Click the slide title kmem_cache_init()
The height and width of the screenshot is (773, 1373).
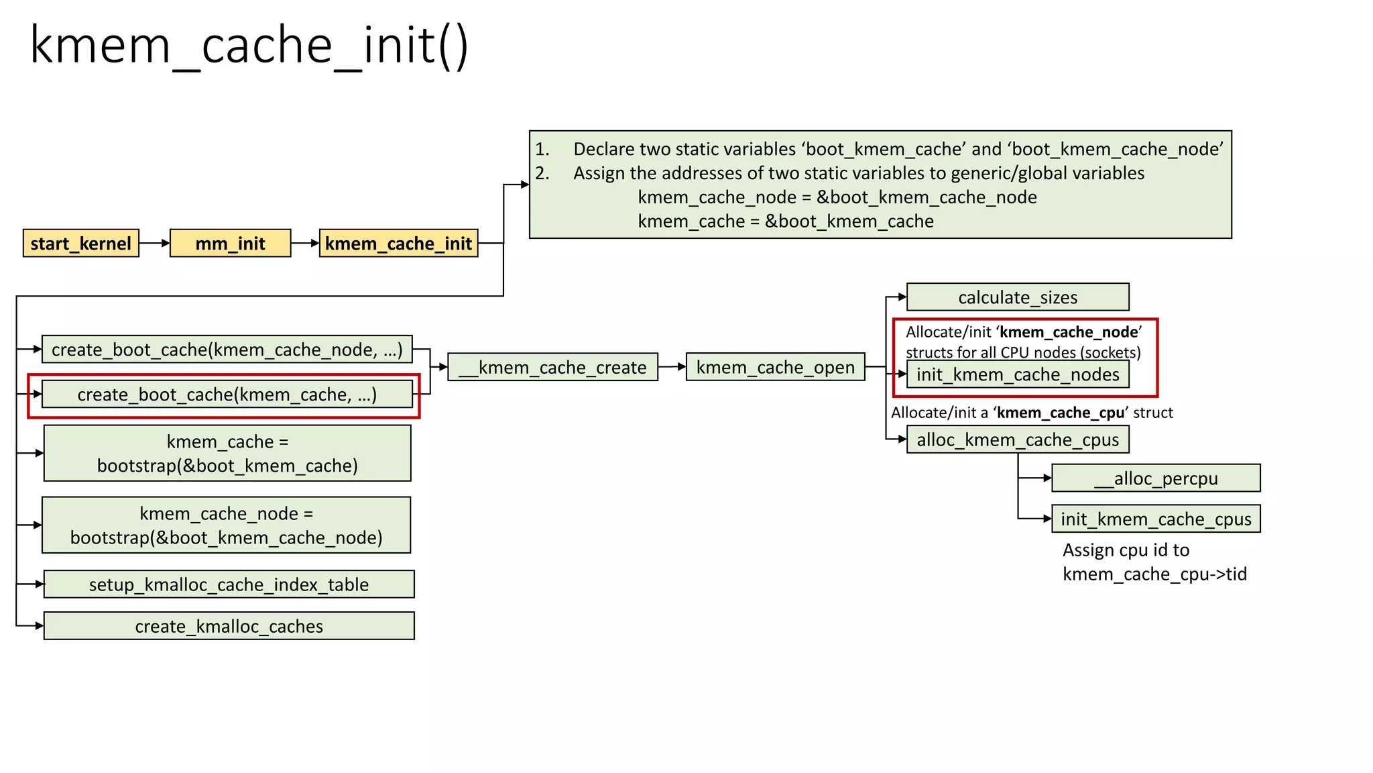click(x=249, y=46)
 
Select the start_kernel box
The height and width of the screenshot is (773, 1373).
click(x=81, y=244)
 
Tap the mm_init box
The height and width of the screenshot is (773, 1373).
click(x=230, y=244)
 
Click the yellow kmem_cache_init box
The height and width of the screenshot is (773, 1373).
click(x=398, y=244)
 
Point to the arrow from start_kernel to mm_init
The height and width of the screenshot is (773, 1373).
click(x=155, y=244)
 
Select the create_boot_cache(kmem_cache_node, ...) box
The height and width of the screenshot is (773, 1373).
click(x=227, y=350)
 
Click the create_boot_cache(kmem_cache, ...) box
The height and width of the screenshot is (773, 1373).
click(x=227, y=395)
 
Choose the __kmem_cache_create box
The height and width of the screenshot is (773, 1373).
click(x=552, y=368)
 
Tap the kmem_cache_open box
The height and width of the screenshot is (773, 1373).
click(x=775, y=368)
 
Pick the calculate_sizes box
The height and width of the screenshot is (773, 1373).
click(x=1017, y=297)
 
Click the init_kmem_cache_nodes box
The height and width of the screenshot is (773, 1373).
click(x=1017, y=374)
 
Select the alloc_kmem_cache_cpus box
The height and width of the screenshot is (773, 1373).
click(x=1017, y=440)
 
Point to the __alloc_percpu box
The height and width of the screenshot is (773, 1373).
click(x=1155, y=478)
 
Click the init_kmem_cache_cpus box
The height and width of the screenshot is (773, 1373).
click(x=1155, y=519)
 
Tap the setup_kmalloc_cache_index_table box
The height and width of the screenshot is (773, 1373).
click(x=229, y=584)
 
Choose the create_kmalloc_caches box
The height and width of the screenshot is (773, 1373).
click(x=229, y=626)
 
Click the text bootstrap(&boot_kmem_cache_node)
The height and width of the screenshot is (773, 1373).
click(x=226, y=538)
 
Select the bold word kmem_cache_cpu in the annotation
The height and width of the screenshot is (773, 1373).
click(x=1060, y=413)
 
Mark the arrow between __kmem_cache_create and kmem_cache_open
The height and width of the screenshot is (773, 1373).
click(x=672, y=367)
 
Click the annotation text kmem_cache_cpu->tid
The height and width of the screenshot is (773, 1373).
click(x=1154, y=574)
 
